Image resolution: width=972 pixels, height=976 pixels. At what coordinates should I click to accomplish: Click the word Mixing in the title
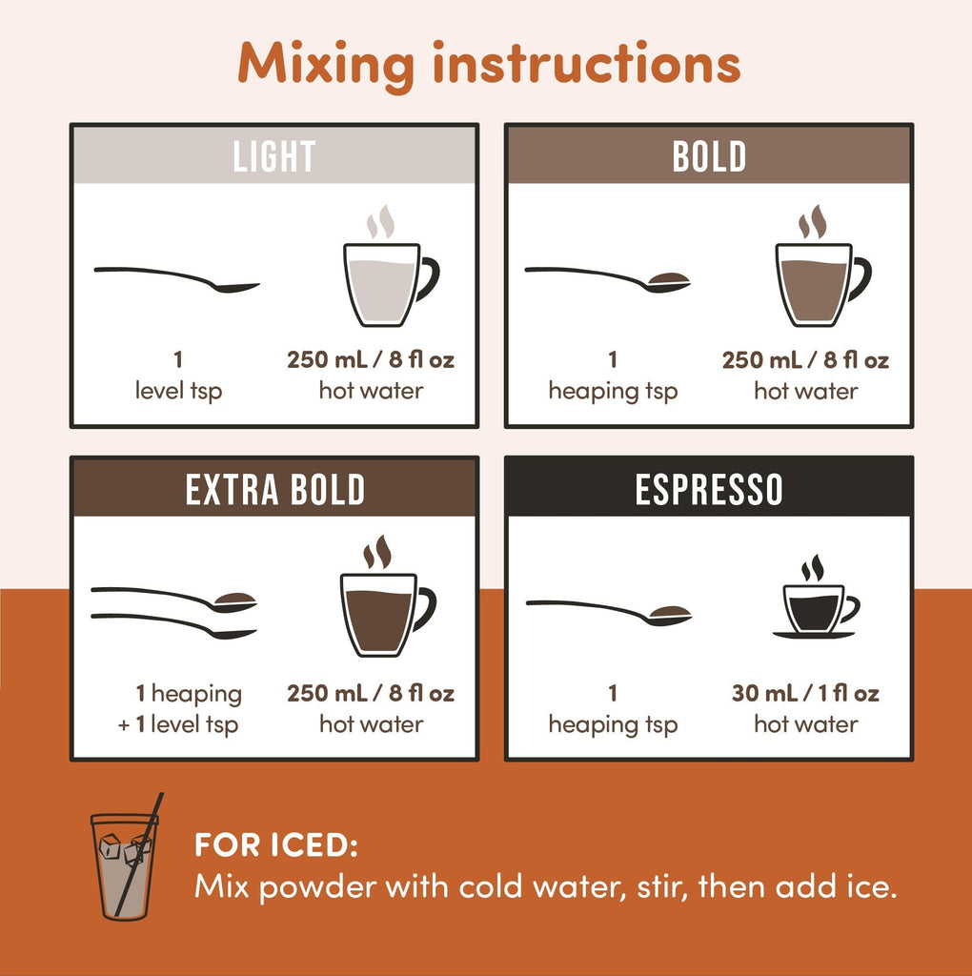326,65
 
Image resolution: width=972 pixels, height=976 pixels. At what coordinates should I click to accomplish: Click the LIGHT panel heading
273,156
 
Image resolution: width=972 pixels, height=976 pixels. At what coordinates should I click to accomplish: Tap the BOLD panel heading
709,156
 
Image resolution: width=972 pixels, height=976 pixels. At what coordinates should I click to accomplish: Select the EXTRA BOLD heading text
274,489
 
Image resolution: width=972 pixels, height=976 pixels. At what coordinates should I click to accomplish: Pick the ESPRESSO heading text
709,489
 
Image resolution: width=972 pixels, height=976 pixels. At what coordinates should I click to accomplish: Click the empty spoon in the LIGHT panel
176,279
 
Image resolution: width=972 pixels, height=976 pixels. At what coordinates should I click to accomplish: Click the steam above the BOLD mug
813,221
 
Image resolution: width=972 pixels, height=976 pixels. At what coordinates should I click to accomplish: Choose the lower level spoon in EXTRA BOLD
173,625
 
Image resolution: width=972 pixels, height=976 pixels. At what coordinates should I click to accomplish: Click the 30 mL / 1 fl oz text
805,693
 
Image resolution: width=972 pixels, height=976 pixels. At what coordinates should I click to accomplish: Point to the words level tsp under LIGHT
178,391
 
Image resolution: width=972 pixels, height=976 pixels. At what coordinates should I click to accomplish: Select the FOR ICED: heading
276,845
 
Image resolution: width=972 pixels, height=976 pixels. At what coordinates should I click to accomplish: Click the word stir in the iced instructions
662,886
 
